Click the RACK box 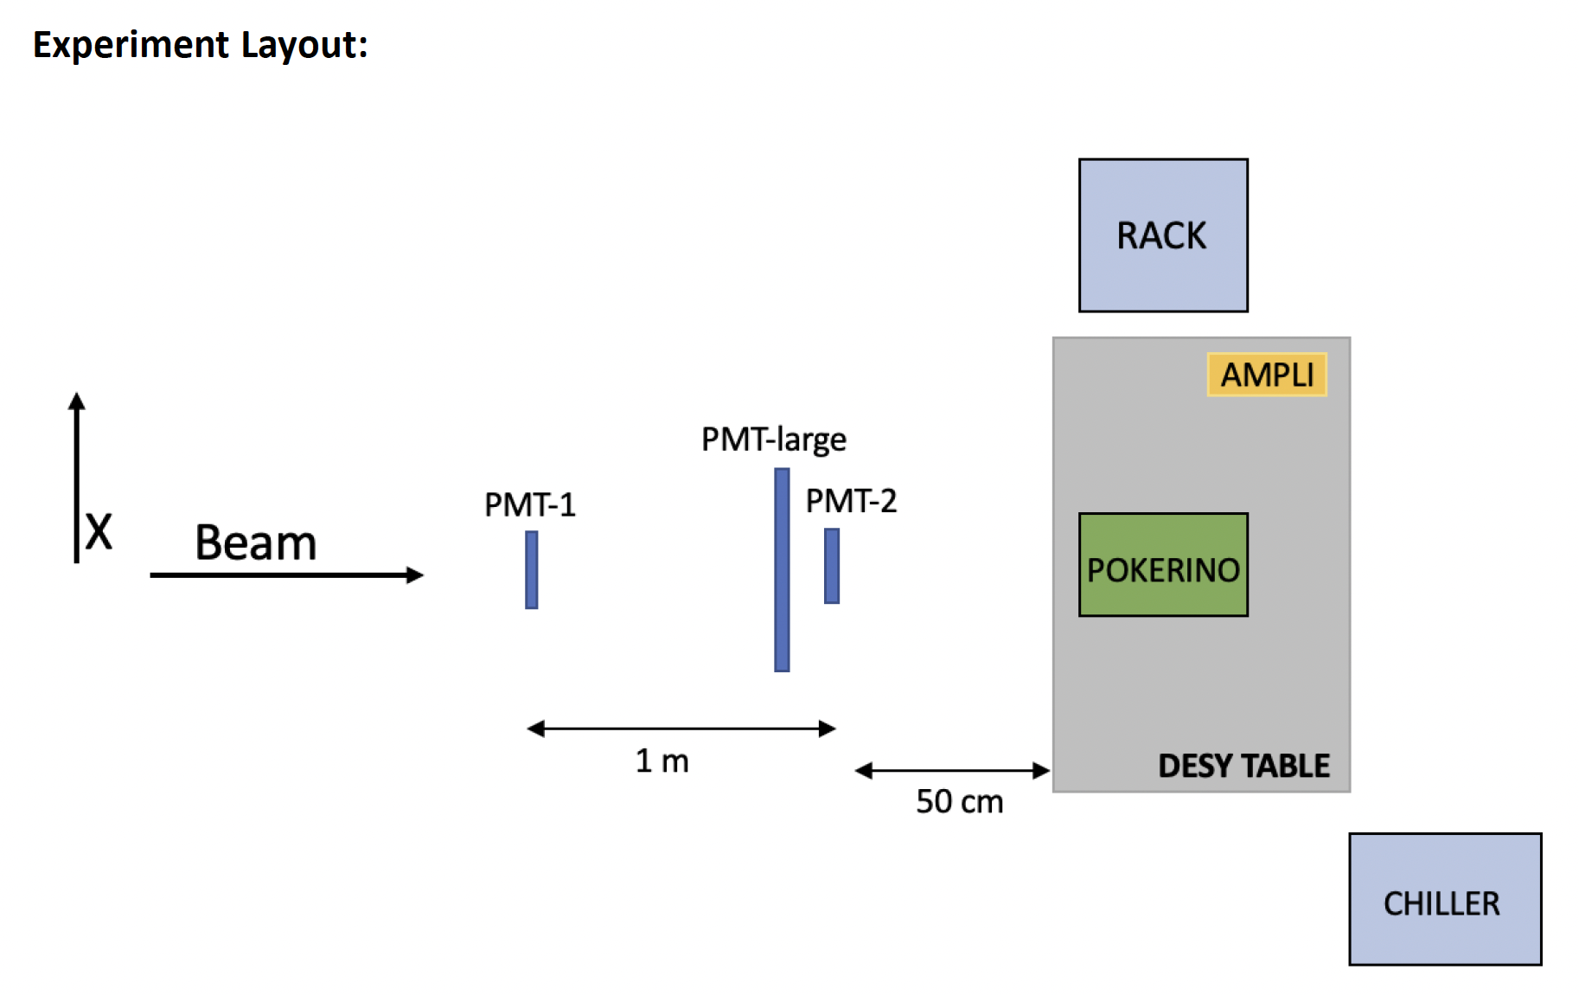coord(1163,235)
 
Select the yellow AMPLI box coord(1267,375)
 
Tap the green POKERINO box coord(1163,565)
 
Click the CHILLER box coord(1445,899)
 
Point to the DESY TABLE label coord(1243,766)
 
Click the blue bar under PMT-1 coord(532,570)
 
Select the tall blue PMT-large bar coord(782,570)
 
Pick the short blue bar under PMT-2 coord(832,566)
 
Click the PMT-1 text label coord(530,504)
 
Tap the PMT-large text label coord(774,440)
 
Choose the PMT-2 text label coord(852,501)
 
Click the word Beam coord(256,542)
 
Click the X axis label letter coord(99,530)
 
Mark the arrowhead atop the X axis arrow coord(77,401)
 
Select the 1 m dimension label coord(662,761)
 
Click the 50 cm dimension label coord(960,801)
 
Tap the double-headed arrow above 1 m coord(681,729)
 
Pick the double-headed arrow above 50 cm coord(952,770)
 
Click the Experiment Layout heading coord(201,45)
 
